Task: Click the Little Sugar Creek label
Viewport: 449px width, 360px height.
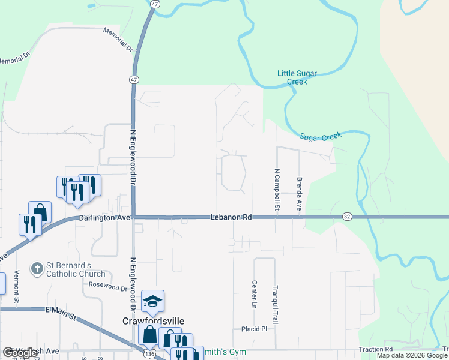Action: pyautogui.click(x=297, y=77)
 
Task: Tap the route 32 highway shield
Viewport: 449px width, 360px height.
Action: pyautogui.click(x=347, y=217)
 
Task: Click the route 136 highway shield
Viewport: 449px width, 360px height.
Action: pyautogui.click(x=150, y=354)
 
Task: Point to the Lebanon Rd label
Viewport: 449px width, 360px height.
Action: pyautogui.click(x=231, y=217)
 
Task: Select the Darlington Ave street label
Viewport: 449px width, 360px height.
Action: pyautogui.click(x=104, y=218)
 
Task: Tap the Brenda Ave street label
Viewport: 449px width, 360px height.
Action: pyautogui.click(x=298, y=193)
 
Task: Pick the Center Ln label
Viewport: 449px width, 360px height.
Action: pyautogui.click(x=255, y=294)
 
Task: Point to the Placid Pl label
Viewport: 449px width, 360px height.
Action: pyautogui.click(x=254, y=329)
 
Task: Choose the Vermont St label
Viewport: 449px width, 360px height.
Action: pyautogui.click(x=17, y=281)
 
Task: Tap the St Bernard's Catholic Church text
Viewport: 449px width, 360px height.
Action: pyautogui.click(x=76, y=269)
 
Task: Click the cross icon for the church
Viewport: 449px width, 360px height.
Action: pyautogui.click(x=37, y=269)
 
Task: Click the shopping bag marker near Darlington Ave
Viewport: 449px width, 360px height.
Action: pyautogui.click(x=40, y=212)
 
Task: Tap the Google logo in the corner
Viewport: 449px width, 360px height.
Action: pyautogui.click(x=20, y=353)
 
